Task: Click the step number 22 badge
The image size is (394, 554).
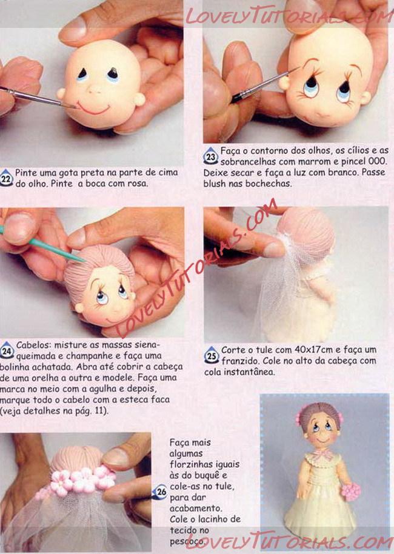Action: (6, 178)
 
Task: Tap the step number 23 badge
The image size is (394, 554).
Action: (210, 156)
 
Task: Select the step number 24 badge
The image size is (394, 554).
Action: (7, 350)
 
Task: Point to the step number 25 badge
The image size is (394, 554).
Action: (212, 355)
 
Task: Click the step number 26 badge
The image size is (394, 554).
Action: (161, 492)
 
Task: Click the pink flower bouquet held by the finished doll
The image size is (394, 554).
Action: (350, 492)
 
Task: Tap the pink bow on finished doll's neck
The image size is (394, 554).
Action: (323, 454)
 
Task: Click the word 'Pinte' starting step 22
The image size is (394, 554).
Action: (25, 173)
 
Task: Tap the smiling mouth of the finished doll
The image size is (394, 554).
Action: (322, 440)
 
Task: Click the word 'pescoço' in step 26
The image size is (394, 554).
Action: (187, 542)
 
